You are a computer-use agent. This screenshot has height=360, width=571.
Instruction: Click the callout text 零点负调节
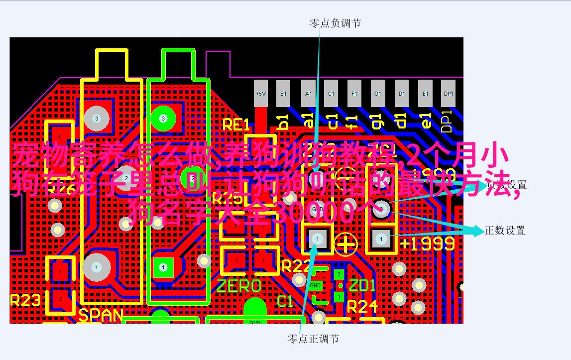pyautogui.click(x=335, y=23)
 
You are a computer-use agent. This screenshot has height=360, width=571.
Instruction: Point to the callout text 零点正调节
pyautogui.click(x=313, y=339)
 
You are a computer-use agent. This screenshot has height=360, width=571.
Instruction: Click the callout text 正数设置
pyautogui.click(x=505, y=231)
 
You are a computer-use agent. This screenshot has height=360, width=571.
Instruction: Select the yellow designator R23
pyautogui.click(x=25, y=300)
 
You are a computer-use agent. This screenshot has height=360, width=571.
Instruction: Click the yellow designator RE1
pyautogui.click(x=235, y=124)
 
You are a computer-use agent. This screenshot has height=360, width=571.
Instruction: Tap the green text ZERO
pyautogui.click(x=238, y=286)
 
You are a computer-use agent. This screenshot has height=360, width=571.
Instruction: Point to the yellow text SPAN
pyautogui.click(x=101, y=315)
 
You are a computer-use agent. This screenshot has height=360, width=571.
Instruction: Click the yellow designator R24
pyautogui.click(x=362, y=306)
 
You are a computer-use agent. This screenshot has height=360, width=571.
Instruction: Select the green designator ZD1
pyautogui.click(x=361, y=286)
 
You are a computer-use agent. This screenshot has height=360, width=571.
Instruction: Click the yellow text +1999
pyautogui.click(x=427, y=243)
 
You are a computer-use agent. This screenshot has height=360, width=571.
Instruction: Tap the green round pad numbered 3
pyautogui.click(x=163, y=119)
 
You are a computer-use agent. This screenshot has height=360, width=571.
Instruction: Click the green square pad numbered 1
pyautogui.click(x=163, y=267)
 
